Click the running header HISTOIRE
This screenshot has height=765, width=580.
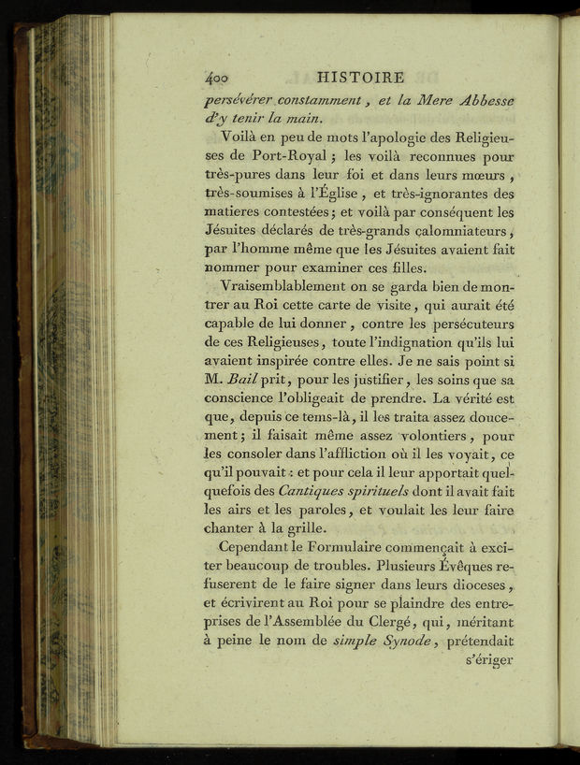pyautogui.click(x=360, y=79)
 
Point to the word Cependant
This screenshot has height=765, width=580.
pyautogui.click(x=257, y=548)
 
